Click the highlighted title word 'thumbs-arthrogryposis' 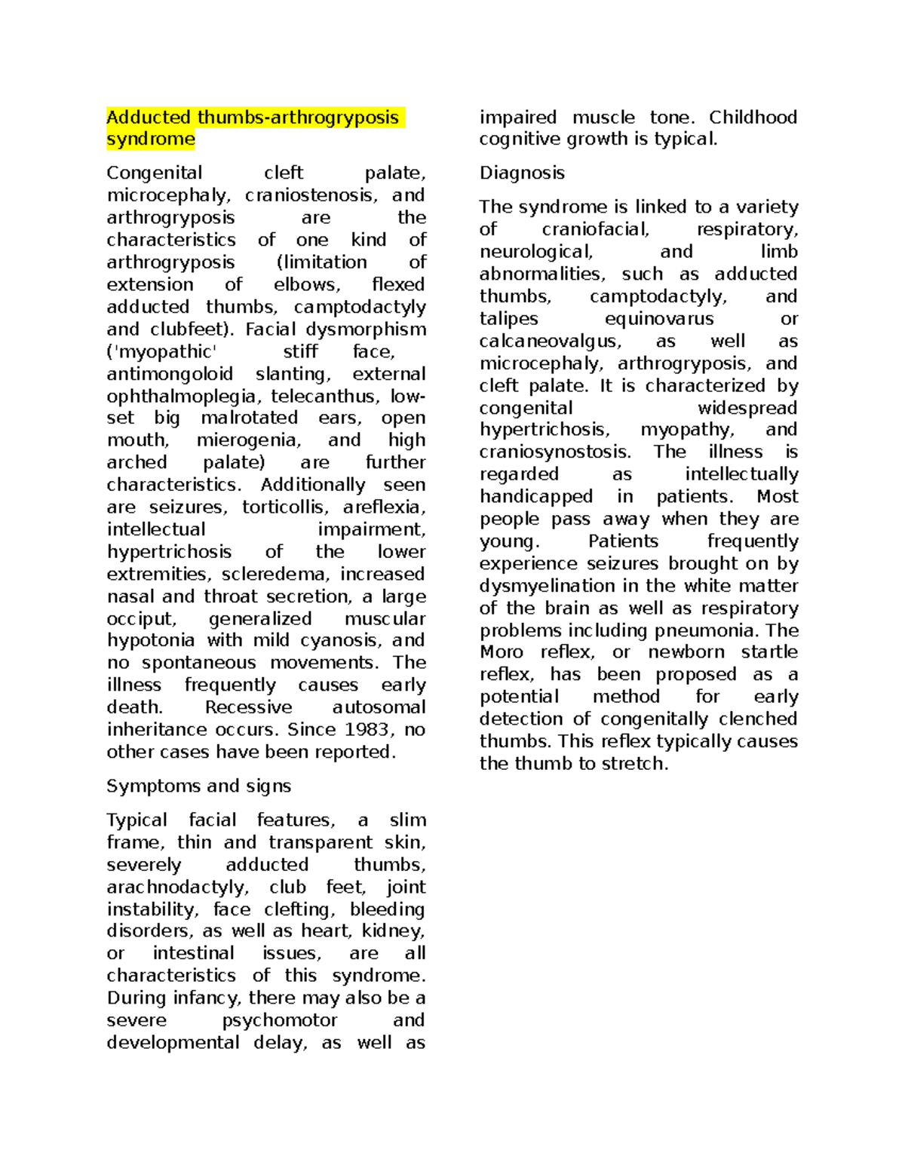[298, 118]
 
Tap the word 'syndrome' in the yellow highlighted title [150, 139]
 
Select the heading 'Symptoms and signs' [198, 786]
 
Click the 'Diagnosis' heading [522, 173]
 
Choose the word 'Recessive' [248, 708]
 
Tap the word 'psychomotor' [279, 1021]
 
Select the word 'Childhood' [753, 118]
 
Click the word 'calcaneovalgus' [550, 342]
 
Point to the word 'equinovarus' [659, 319]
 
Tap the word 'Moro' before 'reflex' [501, 652]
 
